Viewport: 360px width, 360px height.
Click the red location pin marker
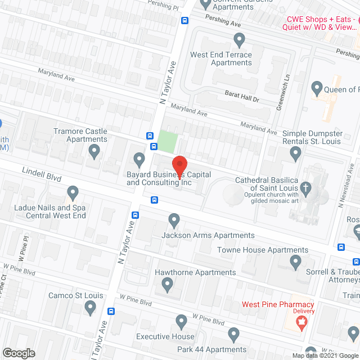tap(179, 165)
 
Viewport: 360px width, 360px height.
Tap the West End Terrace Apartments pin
tap(240, 40)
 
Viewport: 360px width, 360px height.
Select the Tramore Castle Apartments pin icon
tap(94, 150)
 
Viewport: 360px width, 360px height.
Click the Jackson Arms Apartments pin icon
tap(174, 220)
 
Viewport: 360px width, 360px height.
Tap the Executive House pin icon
tap(181, 322)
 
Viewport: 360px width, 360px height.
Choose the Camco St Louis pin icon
tap(90, 307)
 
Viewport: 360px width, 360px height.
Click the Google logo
tap(19, 353)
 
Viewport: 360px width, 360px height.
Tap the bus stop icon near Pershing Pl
tap(184, 21)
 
